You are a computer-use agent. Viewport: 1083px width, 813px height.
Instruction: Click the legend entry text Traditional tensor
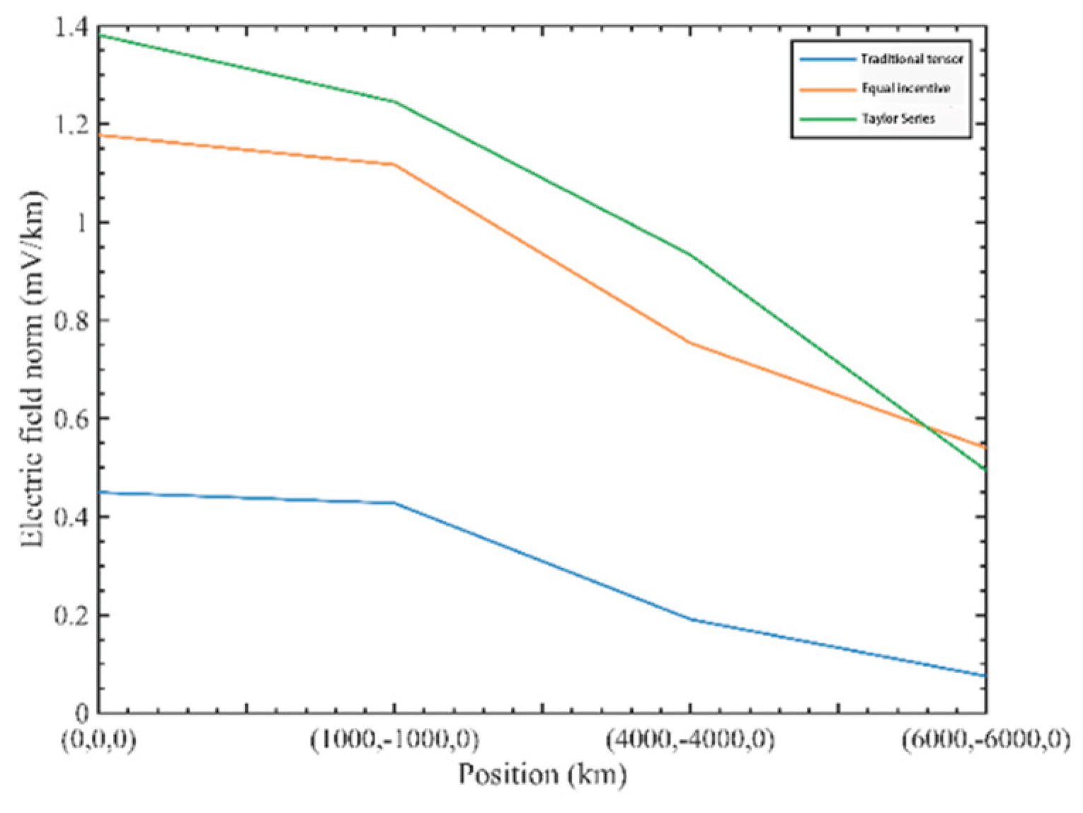(912, 59)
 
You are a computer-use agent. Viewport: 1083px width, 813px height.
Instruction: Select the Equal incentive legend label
(905, 89)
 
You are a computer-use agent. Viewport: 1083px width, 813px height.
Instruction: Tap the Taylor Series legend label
(898, 119)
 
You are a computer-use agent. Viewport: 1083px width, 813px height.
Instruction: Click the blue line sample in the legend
(827, 59)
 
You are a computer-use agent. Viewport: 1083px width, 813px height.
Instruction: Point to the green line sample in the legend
(827, 120)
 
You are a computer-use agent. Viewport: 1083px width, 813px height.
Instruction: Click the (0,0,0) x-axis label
(99, 740)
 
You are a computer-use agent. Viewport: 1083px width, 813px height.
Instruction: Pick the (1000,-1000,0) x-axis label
(394, 740)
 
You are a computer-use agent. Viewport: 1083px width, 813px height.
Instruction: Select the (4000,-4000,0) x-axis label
(690, 740)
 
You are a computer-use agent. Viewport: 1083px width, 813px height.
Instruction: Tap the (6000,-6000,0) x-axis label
(985, 740)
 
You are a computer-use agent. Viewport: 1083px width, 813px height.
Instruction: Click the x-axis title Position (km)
(542, 774)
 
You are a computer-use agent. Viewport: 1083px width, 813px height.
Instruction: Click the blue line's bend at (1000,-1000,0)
(394, 503)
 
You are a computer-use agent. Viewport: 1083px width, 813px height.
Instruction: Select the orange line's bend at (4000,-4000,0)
(690, 343)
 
